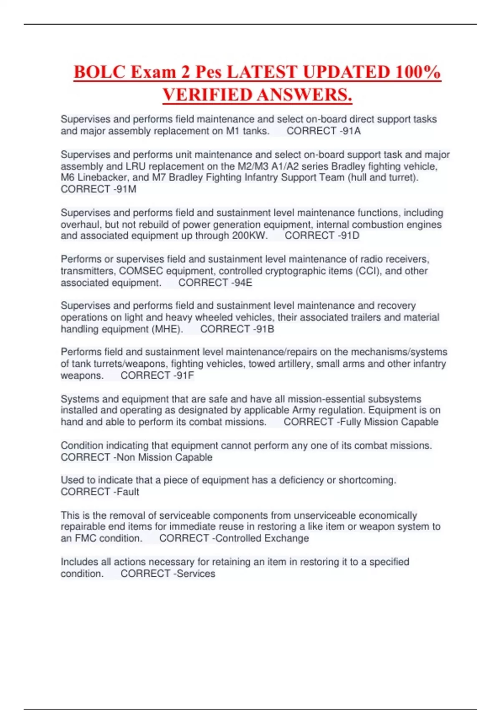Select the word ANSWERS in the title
tap(304, 94)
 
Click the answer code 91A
tap(352, 131)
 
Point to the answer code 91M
tap(127, 189)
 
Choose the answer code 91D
tap(350, 236)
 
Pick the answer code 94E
tap(243, 283)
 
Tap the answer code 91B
tap(265, 329)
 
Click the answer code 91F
tap(185, 375)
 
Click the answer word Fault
tap(128, 492)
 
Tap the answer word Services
tap(196, 574)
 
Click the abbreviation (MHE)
tap(167, 329)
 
